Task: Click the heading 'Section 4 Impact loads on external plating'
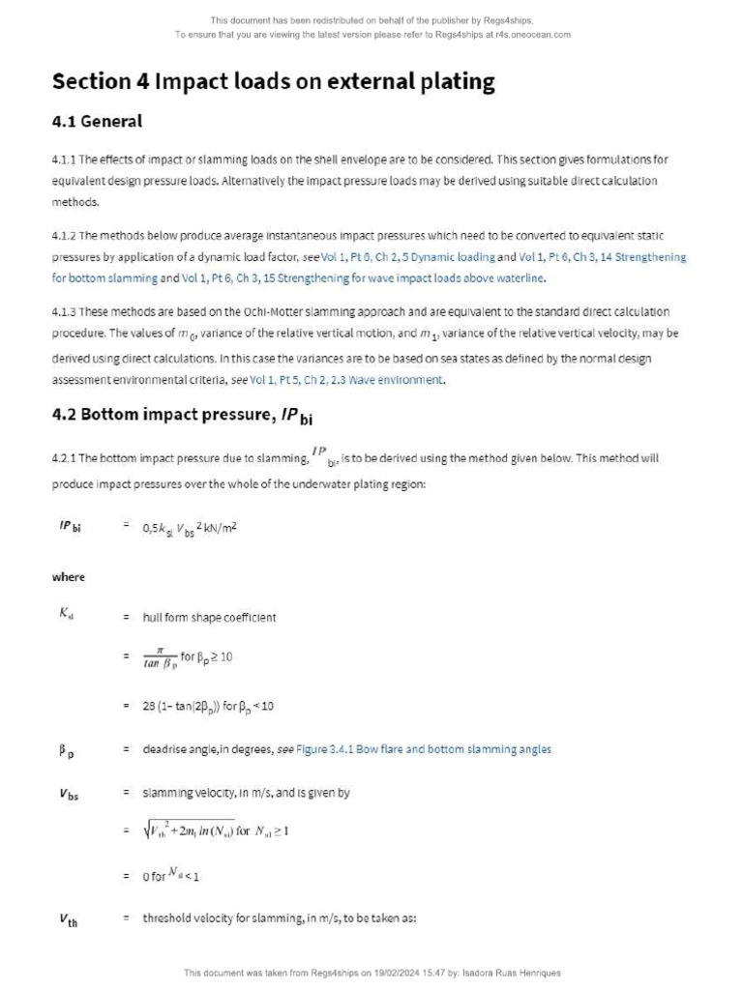(273, 81)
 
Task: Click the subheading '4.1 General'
(97, 122)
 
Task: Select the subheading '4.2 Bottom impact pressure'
(182, 416)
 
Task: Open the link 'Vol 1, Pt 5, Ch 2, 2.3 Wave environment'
(346, 380)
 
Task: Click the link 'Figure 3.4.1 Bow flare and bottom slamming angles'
(424, 749)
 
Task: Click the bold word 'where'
(69, 577)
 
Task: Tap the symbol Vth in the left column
(68, 919)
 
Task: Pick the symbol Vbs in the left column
(69, 794)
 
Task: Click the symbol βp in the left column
(67, 750)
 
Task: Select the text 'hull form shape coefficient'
(209, 618)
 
